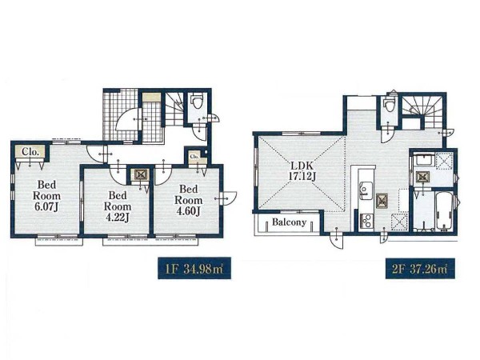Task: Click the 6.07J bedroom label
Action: click(x=46, y=196)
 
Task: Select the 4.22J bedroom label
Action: click(x=118, y=206)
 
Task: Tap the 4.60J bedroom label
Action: click(x=189, y=200)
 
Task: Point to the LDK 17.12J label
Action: click(x=302, y=171)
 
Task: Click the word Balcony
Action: click(x=289, y=222)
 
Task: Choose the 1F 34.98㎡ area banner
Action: click(x=194, y=268)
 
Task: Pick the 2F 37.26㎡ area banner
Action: click(x=420, y=269)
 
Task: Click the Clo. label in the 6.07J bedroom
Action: click(x=30, y=152)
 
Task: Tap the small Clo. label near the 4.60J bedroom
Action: click(x=194, y=157)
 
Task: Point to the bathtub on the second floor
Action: click(x=443, y=212)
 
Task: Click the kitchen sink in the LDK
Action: click(x=366, y=190)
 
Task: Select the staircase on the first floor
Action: click(x=174, y=109)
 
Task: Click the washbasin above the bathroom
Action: click(x=422, y=162)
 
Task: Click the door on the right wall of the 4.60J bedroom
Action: click(x=228, y=199)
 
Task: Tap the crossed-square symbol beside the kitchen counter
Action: click(x=382, y=201)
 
